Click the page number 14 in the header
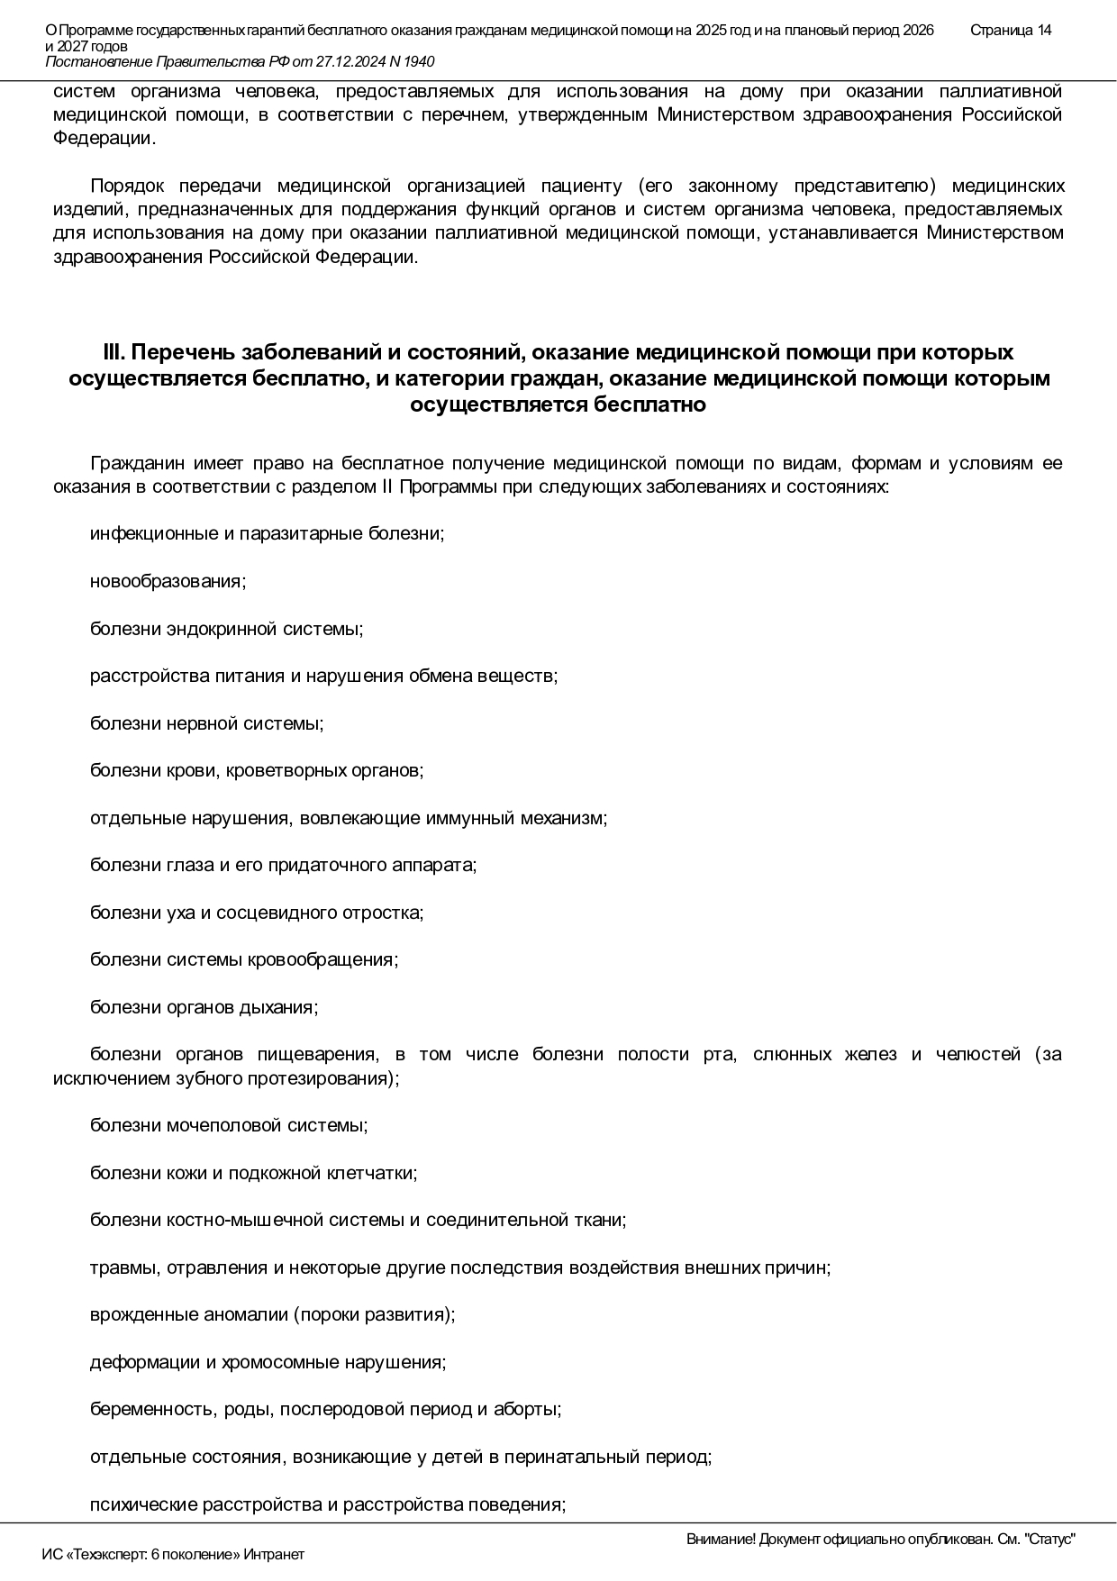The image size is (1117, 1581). click(x=1044, y=31)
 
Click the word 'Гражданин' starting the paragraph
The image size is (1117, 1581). click(x=137, y=464)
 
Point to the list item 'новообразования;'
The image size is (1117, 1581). click(x=168, y=581)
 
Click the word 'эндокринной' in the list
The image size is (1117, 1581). click(x=222, y=629)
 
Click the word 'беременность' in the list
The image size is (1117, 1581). click(x=149, y=1410)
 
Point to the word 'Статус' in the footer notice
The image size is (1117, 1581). click(x=1050, y=1540)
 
